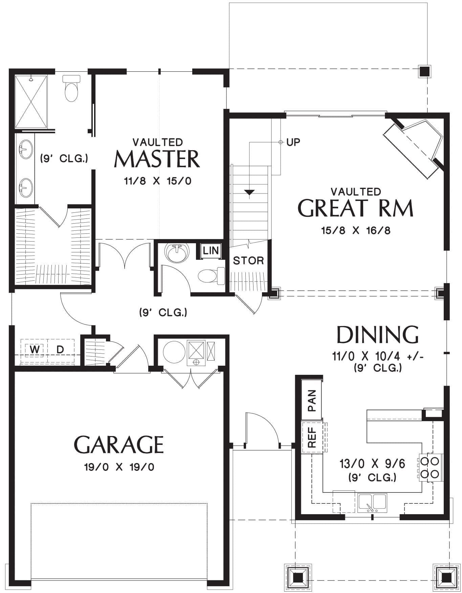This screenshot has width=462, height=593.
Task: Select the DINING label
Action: (377, 335)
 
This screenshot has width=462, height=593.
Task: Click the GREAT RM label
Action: (355, 208)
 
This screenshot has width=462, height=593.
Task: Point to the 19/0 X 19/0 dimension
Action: (119, 467)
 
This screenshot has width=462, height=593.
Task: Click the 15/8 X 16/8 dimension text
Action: (355, 231)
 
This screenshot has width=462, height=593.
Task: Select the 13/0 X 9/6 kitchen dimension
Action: (372, 463)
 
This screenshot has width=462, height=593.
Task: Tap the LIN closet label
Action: (211, 251)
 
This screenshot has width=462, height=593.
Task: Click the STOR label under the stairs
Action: (248, 260)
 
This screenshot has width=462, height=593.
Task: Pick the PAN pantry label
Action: (311, 400)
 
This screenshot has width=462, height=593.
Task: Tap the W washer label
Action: (34, 349)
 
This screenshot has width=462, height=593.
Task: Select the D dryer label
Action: (60, 349)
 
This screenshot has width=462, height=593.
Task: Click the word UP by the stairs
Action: (293, 142)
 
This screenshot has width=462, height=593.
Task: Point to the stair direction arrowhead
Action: (249, 192)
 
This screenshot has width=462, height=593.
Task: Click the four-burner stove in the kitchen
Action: (430, 467)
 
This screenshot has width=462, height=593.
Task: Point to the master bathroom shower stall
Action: (31, 101)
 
